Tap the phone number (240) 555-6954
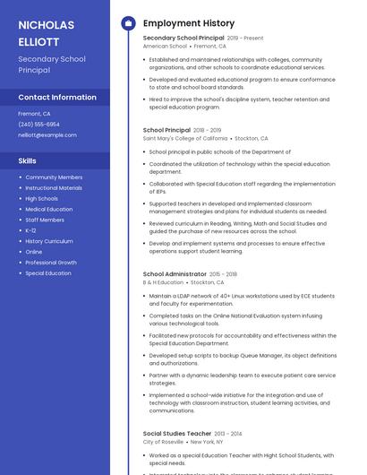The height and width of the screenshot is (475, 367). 38,125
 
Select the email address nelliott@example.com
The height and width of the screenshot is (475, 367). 47,135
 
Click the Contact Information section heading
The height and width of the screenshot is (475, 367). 57,97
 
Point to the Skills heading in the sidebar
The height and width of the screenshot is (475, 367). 28,160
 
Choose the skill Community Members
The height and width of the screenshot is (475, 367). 54,177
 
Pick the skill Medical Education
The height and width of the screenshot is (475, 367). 49,209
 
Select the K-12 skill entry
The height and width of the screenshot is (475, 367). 31,230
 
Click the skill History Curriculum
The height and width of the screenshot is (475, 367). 49,241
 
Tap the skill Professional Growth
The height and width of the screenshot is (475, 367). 51,263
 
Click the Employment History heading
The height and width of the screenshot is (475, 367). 189,23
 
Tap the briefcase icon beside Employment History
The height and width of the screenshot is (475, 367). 128,23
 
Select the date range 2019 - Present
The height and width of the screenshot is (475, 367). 245,39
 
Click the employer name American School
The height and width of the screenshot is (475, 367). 165,46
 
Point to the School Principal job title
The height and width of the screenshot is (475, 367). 166,130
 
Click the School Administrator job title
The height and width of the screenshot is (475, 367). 175,273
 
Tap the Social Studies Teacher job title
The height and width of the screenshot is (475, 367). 177,433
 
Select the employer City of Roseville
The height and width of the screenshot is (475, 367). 164,442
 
